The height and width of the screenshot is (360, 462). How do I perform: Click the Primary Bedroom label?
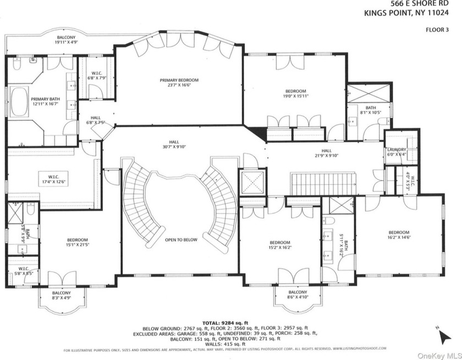179,83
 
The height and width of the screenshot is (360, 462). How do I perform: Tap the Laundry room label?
396,152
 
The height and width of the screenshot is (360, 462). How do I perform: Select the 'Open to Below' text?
180,240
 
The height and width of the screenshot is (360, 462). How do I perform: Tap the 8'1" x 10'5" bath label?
370,110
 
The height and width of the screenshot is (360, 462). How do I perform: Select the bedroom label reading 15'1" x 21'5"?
78,243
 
